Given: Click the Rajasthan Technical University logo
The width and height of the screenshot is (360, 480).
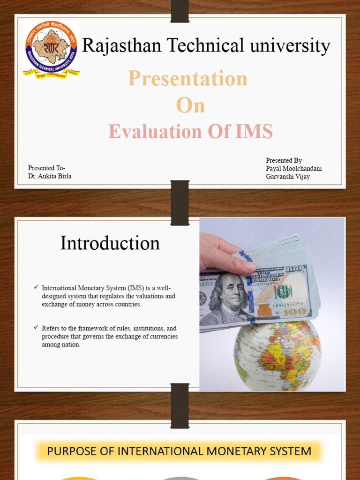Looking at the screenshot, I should (51, 49).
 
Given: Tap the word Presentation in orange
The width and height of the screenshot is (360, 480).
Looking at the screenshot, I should (187, 78).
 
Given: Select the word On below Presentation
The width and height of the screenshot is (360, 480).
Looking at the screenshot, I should (190, 105).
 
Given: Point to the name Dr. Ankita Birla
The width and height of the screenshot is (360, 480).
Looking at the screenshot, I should (50, 176).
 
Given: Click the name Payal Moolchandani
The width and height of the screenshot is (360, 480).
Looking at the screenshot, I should (294, 169).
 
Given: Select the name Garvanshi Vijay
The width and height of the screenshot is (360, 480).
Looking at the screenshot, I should (288, 177).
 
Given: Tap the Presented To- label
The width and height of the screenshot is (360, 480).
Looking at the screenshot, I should (46, 168).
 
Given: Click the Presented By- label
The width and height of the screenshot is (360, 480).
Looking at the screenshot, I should (285, 161).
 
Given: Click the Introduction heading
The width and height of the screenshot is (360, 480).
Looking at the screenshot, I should (110, 243).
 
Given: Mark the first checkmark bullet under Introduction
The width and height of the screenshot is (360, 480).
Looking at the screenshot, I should (36, 287).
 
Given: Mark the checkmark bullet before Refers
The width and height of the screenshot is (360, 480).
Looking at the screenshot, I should (36, 327).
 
